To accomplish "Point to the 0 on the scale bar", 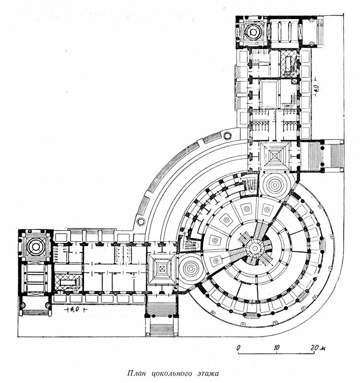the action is (239, 348).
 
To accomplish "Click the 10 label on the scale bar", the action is (276, 348).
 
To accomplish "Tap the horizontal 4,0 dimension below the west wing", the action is (73, 310).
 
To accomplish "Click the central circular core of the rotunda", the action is (253, 248).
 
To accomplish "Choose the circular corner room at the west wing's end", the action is (35, 247).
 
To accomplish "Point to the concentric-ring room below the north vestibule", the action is (275, 184).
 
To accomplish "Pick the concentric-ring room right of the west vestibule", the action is (191, 267).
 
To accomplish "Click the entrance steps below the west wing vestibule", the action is (162, 318).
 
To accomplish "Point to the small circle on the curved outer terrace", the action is (140, 222).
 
